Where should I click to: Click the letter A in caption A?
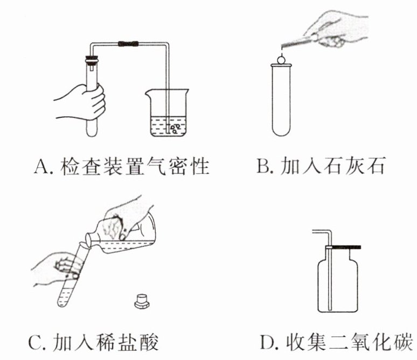(x=41, y=167)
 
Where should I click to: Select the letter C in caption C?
(x=36, y=343)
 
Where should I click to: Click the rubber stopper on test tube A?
(x=92, y=60)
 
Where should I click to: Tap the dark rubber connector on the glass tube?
(x=128, y=44)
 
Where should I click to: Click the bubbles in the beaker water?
(x=175, y=128)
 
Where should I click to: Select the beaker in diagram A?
(x=167, y=113)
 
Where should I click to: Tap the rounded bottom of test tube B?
(x=281, y=131)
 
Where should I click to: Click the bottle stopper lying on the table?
(x=142, y=301)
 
